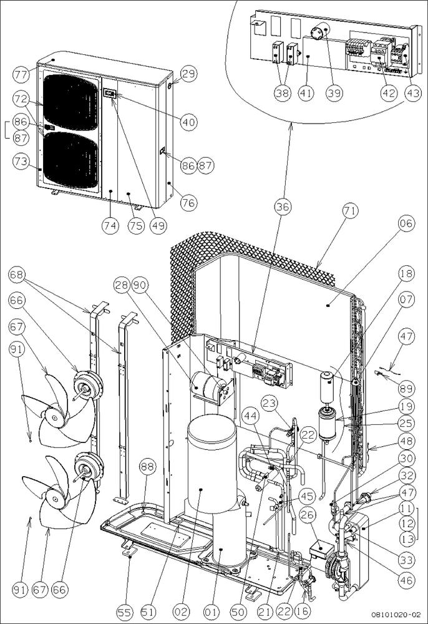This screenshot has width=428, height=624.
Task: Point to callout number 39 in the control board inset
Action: point(335,94)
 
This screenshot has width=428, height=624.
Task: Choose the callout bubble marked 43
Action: point(411,94)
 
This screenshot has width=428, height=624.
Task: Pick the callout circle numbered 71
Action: point(350,212)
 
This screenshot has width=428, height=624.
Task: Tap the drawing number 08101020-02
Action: point(397,614)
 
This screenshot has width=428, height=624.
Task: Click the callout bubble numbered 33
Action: point(406,559)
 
